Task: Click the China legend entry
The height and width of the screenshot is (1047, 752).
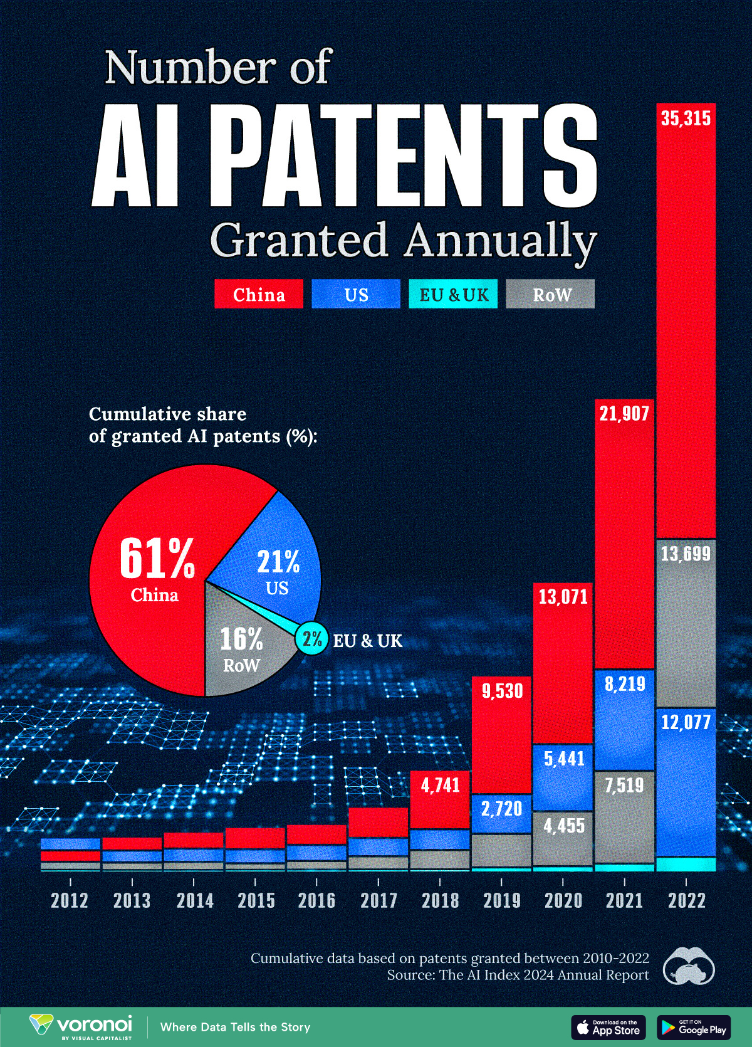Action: point(259,294)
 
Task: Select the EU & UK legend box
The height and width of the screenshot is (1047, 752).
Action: point(453,294)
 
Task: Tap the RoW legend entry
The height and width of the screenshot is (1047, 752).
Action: point(551,294)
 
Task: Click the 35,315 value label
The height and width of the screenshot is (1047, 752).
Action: point(686,118)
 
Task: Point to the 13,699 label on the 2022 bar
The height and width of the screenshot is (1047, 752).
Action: point(686,554)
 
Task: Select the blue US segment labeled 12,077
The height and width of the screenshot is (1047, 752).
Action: point(686,784)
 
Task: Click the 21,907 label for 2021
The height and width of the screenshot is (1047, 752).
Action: point(624,414)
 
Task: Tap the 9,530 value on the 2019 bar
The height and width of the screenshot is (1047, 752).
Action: point(502,691)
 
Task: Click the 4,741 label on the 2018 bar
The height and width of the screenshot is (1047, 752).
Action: point(441,785)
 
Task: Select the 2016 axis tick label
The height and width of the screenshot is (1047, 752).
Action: point(316,901)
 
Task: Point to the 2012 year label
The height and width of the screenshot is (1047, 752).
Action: point(70,901)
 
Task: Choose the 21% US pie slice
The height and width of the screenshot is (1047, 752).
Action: point(278,571)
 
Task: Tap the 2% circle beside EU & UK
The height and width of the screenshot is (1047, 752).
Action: point(311,639)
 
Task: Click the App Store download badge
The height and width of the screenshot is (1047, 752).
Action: point(608,1027)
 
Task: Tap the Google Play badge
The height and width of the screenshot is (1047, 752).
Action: point(694,1027)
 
